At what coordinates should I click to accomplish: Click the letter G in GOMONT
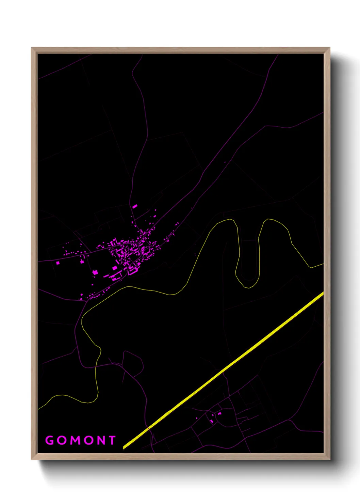(50, 440)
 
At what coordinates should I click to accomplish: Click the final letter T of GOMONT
(112, 440)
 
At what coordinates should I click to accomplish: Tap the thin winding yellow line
(153, 291)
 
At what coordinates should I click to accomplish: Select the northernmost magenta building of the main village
(135, 206)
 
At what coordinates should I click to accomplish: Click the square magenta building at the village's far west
(58, 263)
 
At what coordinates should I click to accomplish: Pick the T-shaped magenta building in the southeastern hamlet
(219, 413)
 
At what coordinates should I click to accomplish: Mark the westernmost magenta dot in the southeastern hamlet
(196, 418)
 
